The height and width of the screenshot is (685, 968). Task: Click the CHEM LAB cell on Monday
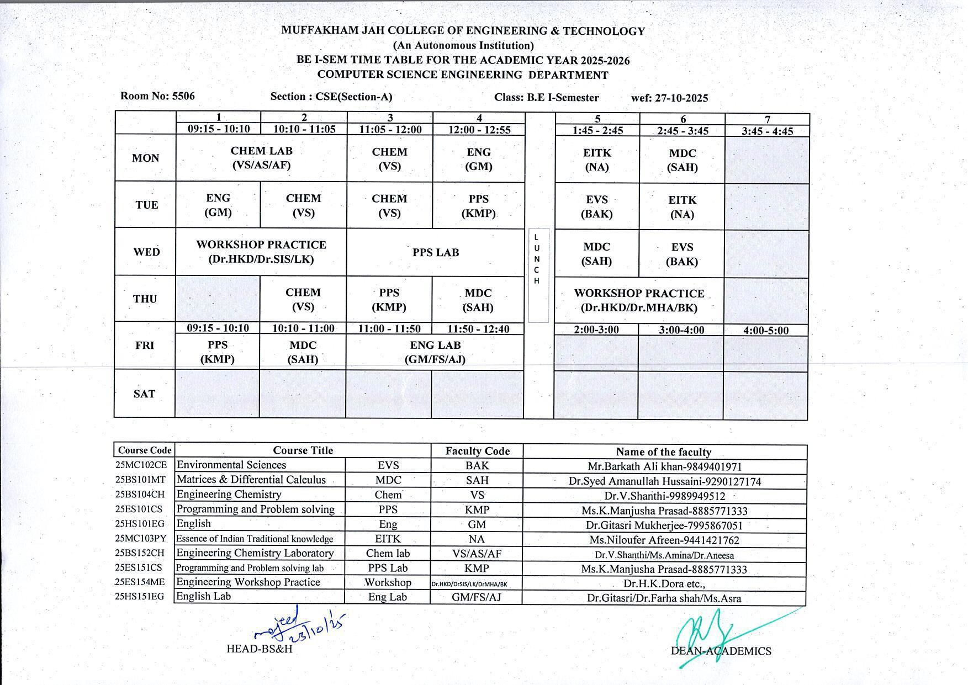[x=261, y=158]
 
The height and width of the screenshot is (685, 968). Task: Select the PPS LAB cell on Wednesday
[x=435, y=252]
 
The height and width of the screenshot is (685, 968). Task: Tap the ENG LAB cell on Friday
[x=435, y=352]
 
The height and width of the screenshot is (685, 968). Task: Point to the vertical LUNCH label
[x=537, y=259]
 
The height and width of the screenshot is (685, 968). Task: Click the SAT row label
[x=144, y=394]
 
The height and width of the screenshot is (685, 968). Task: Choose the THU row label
[x=145, y=299]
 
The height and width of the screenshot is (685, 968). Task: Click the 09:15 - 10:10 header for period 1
[x=219, y=129]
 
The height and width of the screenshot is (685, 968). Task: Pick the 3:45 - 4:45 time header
[x=767, y=131]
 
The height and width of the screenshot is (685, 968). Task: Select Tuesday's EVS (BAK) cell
[x=596, y=207]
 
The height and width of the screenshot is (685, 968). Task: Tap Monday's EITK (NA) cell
[x=597, y=160]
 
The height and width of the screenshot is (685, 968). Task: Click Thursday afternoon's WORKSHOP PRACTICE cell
[x=639, y=301]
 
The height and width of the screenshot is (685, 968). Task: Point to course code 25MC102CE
[x=141, y=465]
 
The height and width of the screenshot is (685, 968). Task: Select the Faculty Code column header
[x=477, y=451]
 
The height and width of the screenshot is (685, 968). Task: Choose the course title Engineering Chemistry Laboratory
[x=255, y=553]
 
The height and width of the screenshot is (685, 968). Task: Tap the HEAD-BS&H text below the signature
[x=259, y=649]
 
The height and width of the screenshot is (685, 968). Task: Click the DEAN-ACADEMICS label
[x=721, y=651]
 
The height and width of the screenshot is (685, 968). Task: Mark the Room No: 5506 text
[x=157, y=96]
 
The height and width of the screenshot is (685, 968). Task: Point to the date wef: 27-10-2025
[x=669, y=98]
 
